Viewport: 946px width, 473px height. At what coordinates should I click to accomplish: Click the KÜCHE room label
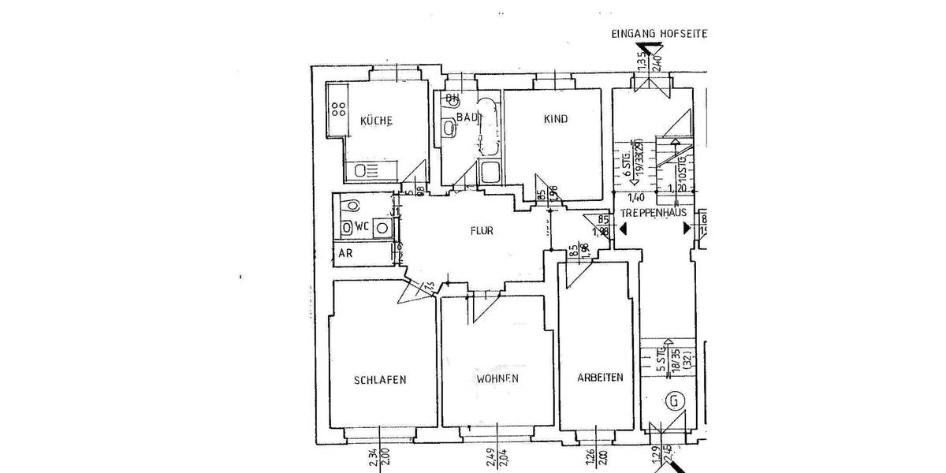376,121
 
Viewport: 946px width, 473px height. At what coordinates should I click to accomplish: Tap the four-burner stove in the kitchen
339,110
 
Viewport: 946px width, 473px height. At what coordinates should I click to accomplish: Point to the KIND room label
555,119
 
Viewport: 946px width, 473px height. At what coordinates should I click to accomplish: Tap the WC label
362,226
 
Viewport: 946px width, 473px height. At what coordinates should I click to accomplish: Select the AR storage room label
345,254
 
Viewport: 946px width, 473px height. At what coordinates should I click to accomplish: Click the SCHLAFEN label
380,380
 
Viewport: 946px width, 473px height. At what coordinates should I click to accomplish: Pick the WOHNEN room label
497,378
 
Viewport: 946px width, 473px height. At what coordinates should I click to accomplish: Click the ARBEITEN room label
599,378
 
